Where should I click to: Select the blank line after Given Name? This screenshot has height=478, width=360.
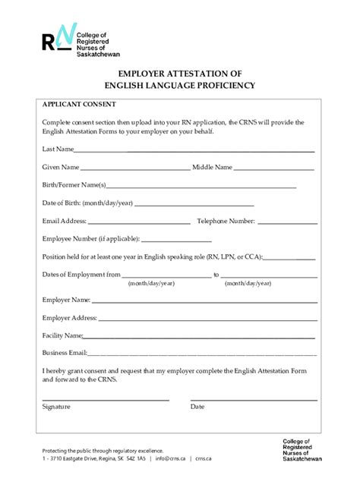tap(135, 168)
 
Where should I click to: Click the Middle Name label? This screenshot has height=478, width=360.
tap(212, 166)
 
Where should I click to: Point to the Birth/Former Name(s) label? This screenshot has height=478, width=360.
tap(74, 184)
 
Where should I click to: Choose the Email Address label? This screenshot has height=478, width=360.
tap(65, 221)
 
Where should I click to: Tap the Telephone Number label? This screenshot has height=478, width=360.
tap(226, 221)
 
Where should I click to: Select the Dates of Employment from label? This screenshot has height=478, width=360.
tap(81, 275)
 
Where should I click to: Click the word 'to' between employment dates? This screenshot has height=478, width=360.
tap(216, 275)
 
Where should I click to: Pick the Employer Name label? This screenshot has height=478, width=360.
tap(66, 300)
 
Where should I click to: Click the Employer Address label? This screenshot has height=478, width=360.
tap(69, 318)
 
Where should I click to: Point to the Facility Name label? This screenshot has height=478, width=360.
tap(62, 335)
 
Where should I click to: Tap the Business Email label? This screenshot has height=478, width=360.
tap(65, 353)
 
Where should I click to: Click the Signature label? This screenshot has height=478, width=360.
tap(56, 407)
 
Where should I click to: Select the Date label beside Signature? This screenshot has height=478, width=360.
tap(197, 407)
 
